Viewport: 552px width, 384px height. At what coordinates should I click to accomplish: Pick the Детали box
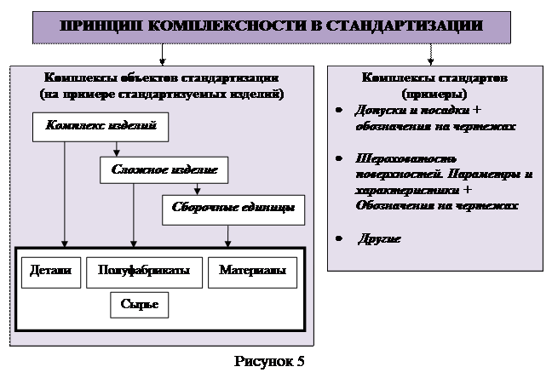[x=51, y=272]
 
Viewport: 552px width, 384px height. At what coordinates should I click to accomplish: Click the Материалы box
[x=251, y=272]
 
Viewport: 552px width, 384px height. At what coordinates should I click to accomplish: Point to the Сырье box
[x=139, y=304]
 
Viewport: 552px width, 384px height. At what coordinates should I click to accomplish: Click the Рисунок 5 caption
[x=269, y=362]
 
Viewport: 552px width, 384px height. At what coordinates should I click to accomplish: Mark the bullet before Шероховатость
[x=339, y=159]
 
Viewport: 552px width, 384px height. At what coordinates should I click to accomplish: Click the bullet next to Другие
[x=339, y=239]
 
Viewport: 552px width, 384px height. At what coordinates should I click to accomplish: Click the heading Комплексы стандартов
[x=434, y=78]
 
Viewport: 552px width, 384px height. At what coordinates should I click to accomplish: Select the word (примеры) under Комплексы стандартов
[x=434, y=94]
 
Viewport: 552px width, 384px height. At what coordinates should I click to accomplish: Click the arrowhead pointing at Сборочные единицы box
[x=197, y=192]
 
